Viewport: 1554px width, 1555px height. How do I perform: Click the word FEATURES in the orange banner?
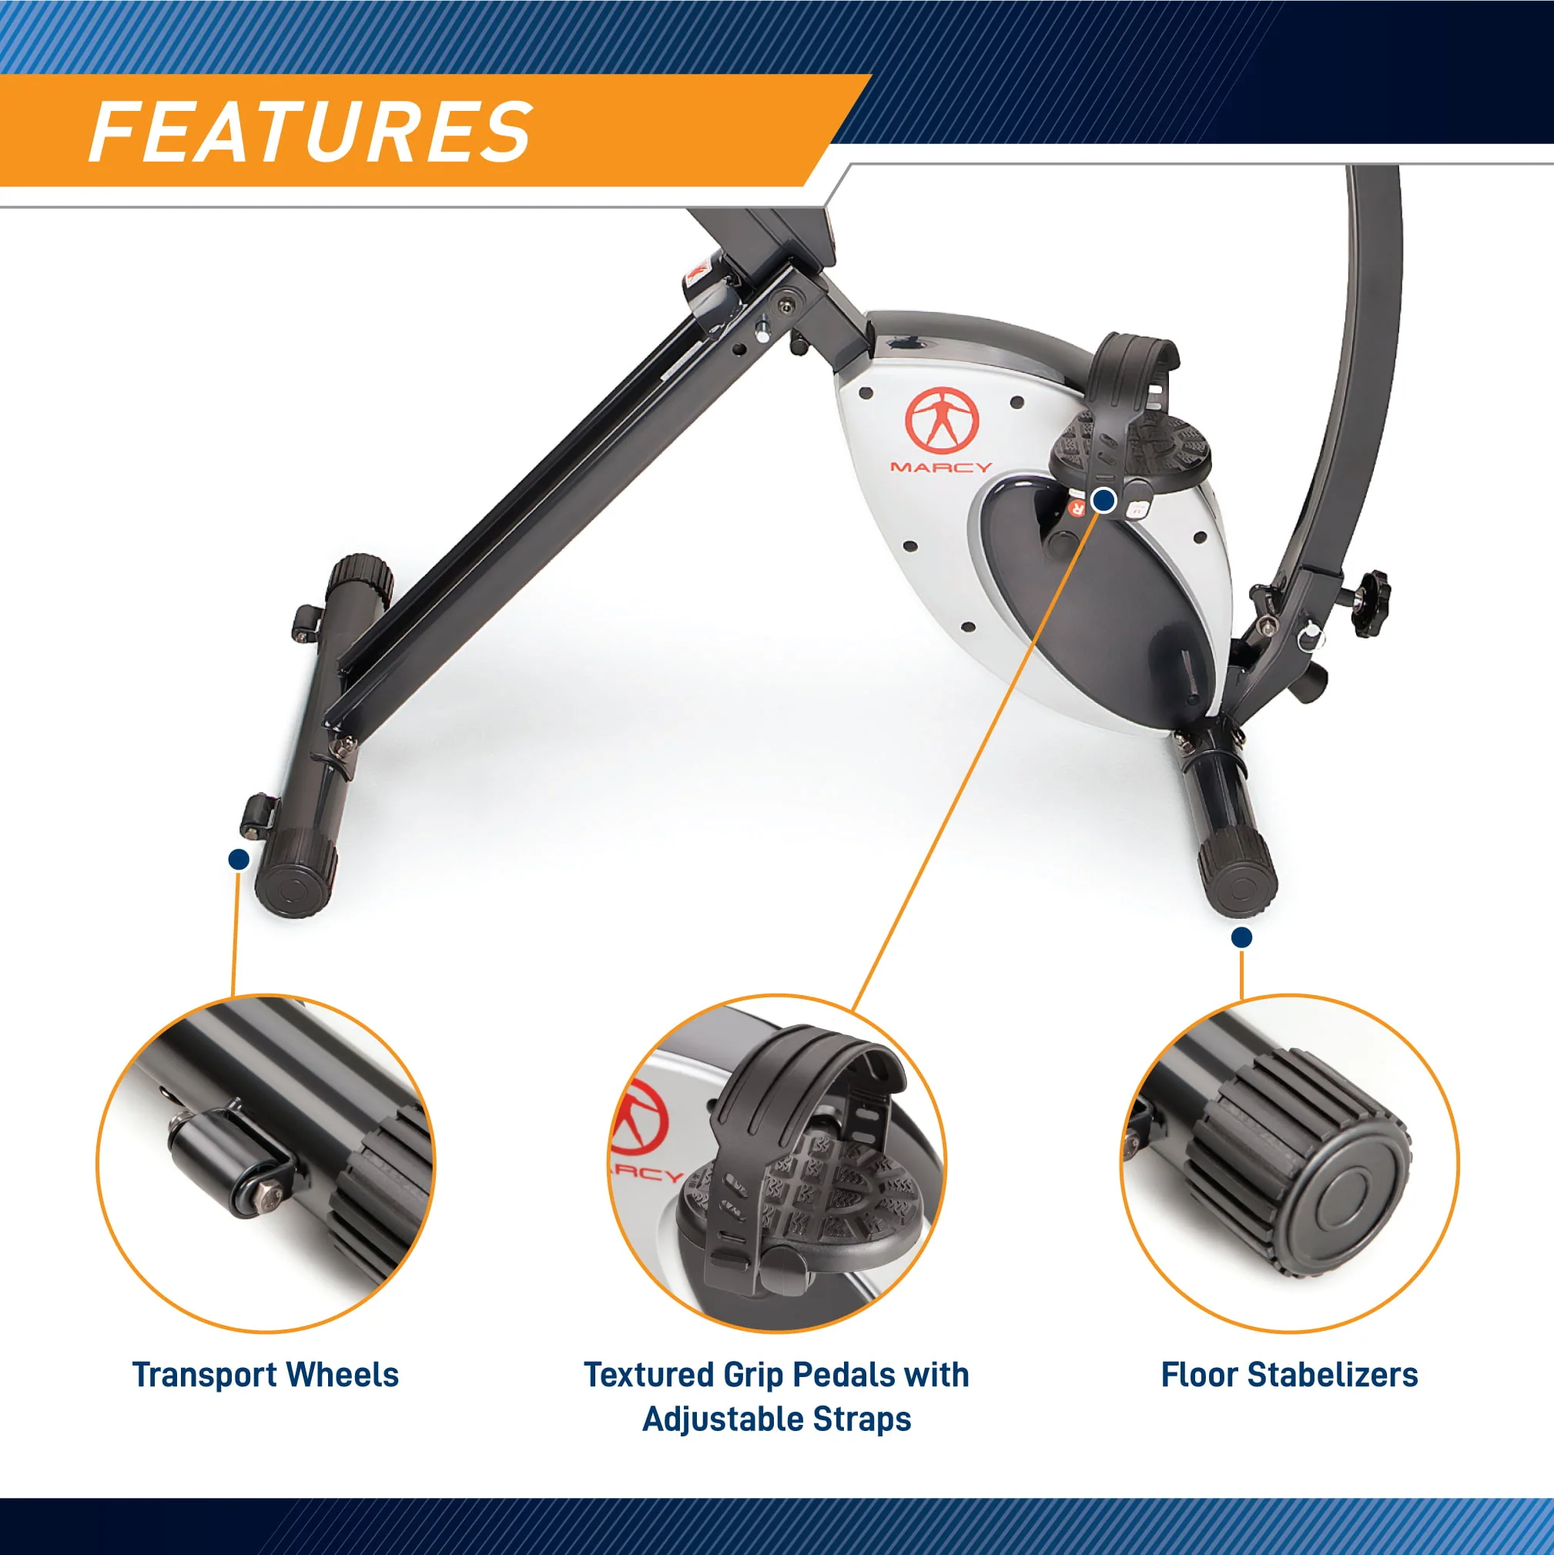click(x=310, y=132)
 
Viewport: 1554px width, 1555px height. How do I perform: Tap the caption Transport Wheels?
click(x=265, y=1375)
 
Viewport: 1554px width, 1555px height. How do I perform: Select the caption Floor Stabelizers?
click(x=1288, y=1375)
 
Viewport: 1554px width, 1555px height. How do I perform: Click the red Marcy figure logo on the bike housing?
click(x=942, y=421)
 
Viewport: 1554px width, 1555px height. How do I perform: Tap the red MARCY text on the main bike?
click(x=941, y=467)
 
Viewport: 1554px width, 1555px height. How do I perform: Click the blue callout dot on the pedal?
click(x=1104, y=501)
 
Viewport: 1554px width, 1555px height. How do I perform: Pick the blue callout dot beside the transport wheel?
click(x=238, y=859)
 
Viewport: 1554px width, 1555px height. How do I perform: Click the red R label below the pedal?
click(x=1077, y=508)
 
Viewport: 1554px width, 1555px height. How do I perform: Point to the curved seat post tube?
click(x=1360, y=362)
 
